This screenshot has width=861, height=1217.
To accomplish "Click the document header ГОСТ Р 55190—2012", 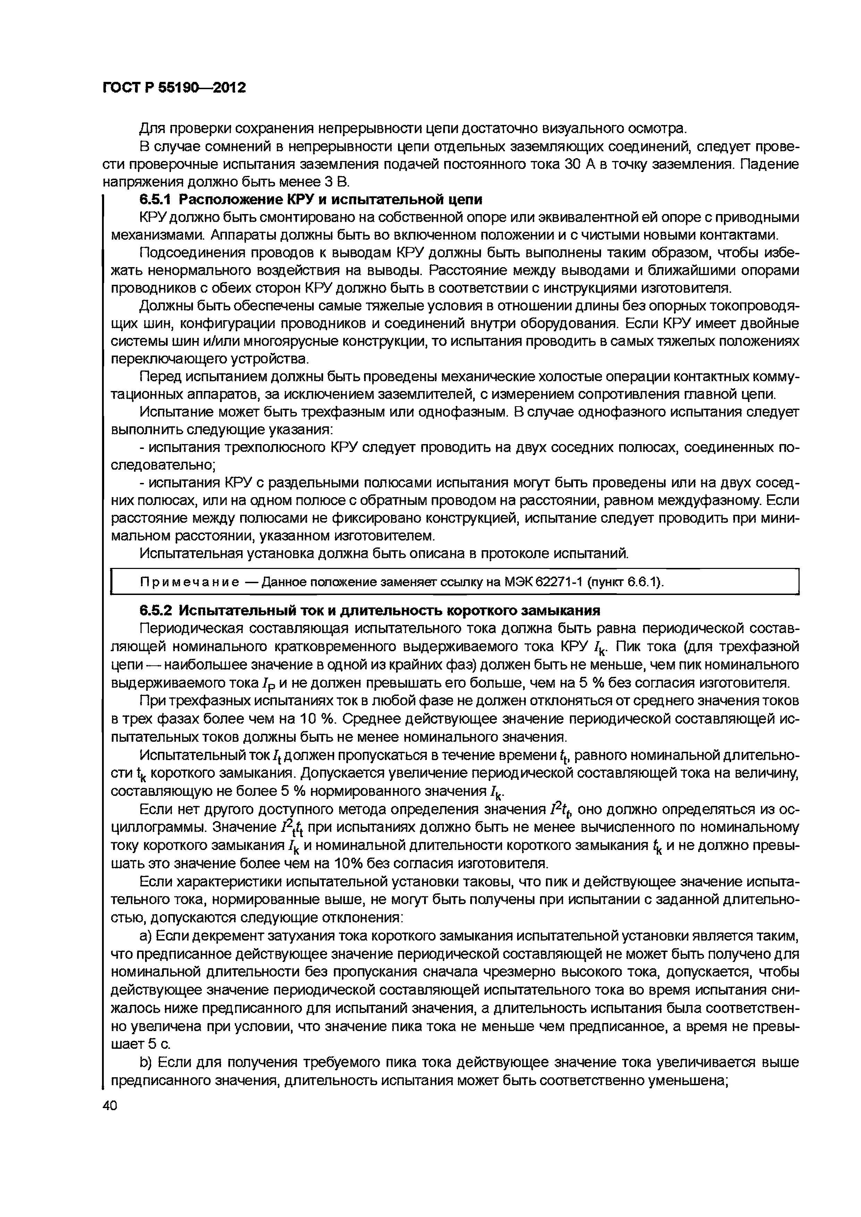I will (x=174, y=87).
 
